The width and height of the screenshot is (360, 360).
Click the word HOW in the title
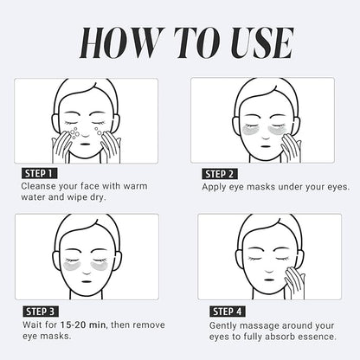[x=116, y=41]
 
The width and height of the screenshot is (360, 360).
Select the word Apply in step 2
[x=217, y=186]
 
